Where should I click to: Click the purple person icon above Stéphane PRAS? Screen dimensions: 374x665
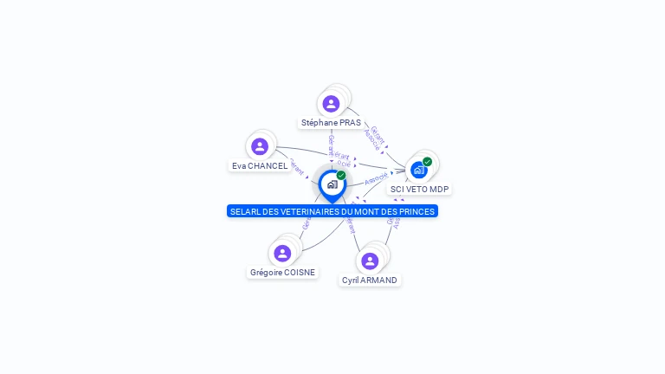[331, 104]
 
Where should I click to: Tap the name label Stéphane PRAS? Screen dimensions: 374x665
[331, 123]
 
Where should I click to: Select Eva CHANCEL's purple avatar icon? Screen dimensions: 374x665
[260, 146]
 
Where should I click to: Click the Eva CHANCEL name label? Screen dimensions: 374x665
[260, 165]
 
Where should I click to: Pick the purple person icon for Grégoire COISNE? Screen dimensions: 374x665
[282, 253]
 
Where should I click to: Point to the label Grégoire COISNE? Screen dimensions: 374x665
[282, 272]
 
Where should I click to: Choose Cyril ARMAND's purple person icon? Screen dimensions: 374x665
[370, 261]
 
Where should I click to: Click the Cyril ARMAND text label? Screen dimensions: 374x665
[370, 280]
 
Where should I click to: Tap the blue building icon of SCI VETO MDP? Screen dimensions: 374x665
[419, 170]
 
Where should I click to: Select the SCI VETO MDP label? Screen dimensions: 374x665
[420, 189]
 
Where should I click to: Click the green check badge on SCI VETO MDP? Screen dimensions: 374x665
[427, 162]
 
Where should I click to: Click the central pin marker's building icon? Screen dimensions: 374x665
[332, 184]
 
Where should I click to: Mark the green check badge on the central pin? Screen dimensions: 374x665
[341, 175]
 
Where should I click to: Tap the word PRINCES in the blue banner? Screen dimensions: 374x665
[416, 211]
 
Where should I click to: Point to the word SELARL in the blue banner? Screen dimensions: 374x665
[244, 211]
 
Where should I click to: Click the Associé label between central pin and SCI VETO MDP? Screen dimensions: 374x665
[377, 179]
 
